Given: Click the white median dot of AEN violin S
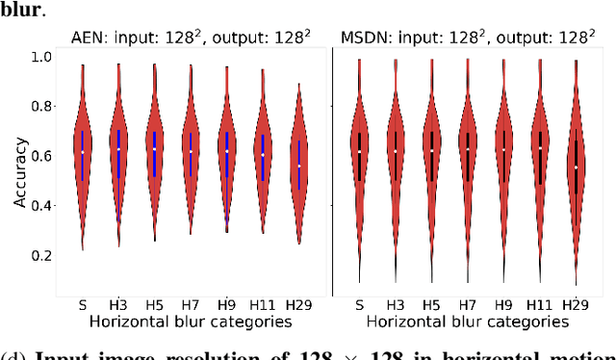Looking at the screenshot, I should pos(83,152).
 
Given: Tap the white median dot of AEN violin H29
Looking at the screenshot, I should pos(298,166).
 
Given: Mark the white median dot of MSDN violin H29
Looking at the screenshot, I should pos(577,167).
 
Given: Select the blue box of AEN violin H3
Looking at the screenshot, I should pos(119,154).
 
